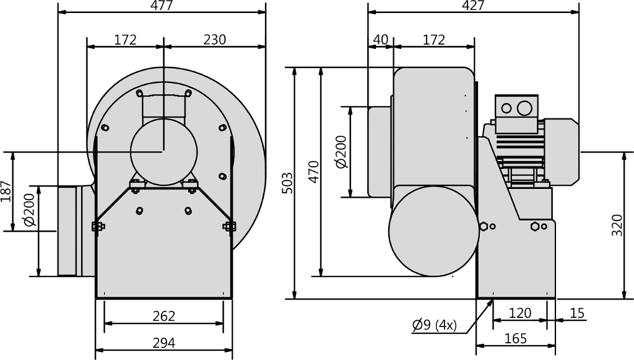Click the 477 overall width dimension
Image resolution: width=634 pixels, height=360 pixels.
[162, 5]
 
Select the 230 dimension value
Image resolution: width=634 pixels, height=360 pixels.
[214, 40]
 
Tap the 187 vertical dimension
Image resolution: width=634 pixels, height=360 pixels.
[6, 191]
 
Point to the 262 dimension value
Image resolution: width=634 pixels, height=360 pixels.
[163, 316]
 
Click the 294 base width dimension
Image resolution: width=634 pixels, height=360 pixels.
[163, 343]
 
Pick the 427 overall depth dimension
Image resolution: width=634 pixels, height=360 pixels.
[473, 5]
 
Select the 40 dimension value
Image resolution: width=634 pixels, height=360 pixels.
[381, 40]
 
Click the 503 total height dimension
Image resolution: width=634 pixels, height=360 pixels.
[287, 183]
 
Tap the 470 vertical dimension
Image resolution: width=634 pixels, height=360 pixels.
[313, 172]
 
